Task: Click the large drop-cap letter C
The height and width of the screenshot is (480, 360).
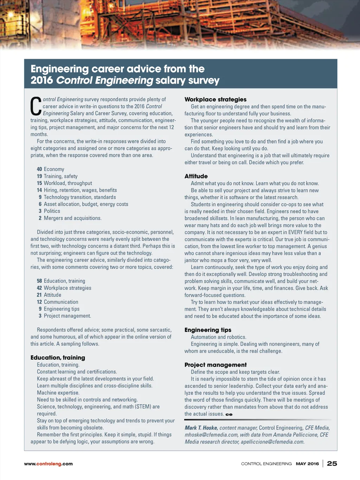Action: [x=36, y=106]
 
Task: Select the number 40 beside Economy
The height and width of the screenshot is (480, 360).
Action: [x=39, y=169]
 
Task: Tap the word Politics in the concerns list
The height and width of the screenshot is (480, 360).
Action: [x=52, y=211]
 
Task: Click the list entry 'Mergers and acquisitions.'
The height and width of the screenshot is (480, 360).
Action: [x=72, y=218]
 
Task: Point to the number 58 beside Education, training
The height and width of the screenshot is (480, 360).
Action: [x=39, y=281]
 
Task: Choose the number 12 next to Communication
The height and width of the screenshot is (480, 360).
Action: [x=39, y=302]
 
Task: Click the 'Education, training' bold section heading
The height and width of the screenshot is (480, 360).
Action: [x=58, y=358]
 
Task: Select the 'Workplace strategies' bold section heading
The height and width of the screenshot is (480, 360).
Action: [x=216, y=100]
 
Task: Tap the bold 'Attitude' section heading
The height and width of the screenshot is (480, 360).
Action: [x=196, y=176]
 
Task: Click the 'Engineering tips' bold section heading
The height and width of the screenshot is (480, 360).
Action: [x=208, y=330]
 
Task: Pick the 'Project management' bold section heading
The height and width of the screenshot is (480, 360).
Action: [x=216, y=365]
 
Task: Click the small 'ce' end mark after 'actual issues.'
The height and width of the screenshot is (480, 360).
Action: [x=229, y=414]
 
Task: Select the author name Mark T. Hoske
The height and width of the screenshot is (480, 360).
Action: [x=201, y=428]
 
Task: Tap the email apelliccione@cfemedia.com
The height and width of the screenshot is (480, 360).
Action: [x=272, y=442]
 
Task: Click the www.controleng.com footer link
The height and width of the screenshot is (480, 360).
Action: [x=48, y=464]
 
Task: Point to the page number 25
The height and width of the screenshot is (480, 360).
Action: [x=332, y=463]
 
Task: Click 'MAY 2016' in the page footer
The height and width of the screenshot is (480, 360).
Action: [x=307, y=464]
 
